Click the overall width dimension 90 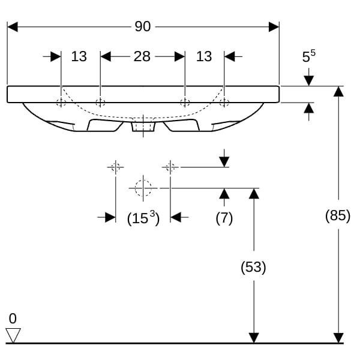[x=143, y=26]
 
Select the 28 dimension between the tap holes [x=142, y=56]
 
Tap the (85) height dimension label [x=338, y=215]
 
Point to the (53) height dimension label [x=254, y=267]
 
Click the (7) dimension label [x=224, y=218]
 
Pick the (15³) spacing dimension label [x=143, y=218]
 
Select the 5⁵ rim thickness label [x=308, y=57]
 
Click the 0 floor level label [x=13, y=318]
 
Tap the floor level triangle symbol [x=13, y=334]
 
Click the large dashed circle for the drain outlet [x=143, y=188]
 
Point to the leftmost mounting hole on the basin [x=61, y=102]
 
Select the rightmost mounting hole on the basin [x=224, y=102]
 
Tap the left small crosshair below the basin [x=115, y=166]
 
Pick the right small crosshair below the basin [x=170, y=166]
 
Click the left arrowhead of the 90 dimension [x=12, y=27]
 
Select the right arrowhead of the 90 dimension [x=274, y=27]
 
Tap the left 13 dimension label [x=79, y=56]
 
